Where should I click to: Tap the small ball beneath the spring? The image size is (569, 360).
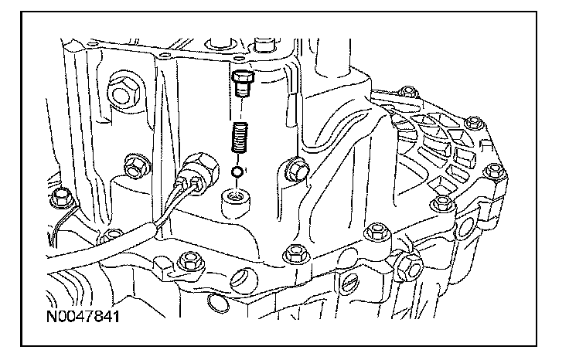[239, 171]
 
